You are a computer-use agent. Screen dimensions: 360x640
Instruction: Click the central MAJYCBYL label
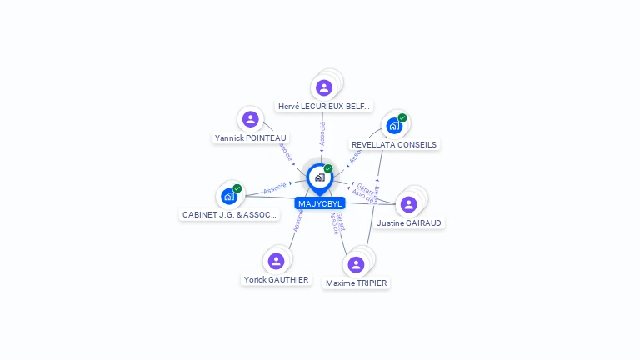[319, 203]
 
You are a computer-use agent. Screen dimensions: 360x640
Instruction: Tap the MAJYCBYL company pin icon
[319, 177]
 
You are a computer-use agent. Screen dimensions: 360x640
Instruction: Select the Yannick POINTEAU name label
[250, 137]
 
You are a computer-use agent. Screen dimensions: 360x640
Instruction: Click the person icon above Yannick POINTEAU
[250, 119]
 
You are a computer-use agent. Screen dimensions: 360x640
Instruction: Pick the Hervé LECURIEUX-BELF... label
[324, 107]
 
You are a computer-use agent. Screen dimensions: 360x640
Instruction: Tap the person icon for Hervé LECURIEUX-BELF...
[324, 87]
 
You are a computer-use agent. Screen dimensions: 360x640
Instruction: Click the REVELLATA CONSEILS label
[394, 144]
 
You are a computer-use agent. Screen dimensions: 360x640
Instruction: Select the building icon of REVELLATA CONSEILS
[393, 126]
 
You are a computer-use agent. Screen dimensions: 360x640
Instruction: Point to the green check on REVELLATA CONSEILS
[402, 118]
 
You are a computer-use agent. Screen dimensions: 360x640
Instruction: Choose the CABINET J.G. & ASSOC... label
[229, 214]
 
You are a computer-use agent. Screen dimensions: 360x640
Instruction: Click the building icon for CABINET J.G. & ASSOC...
[228, 197]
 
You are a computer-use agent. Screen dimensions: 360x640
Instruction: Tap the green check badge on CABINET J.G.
[237, 188]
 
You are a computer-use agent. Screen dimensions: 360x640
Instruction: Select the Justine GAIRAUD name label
[409, 222]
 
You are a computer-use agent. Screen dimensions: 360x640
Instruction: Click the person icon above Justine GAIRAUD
[408, 204]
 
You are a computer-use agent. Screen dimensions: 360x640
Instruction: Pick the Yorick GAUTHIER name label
[276, 279]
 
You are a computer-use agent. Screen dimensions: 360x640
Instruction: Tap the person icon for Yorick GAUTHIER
[276, 261]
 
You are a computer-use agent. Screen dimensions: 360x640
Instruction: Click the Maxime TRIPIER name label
[357, 282]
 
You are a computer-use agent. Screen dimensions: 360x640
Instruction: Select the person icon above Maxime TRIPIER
[357, 264]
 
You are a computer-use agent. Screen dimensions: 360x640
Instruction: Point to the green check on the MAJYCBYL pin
[328, 169]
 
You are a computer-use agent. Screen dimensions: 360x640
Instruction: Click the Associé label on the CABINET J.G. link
[275, 188]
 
